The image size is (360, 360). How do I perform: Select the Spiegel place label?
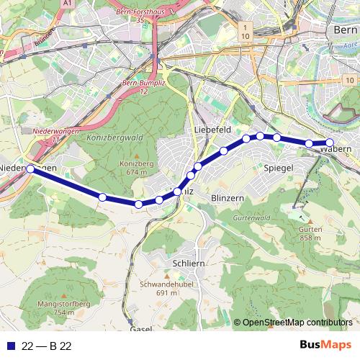click(x=278, y=168)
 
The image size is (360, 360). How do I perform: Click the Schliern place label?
click(x=189, y=264)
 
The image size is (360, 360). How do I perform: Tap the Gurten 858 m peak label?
click(x=310, y=233)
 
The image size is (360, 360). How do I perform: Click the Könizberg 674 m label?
click(x=132, y=168)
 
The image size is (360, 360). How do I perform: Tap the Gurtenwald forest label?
click(x=251, y=217)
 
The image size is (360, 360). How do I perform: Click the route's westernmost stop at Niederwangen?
click(x=30, y=168)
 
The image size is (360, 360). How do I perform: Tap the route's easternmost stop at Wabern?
click(x=330, y=143)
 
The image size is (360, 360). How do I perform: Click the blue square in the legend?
click(x=10, y=346)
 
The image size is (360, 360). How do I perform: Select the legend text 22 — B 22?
click(x=46, y=346)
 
